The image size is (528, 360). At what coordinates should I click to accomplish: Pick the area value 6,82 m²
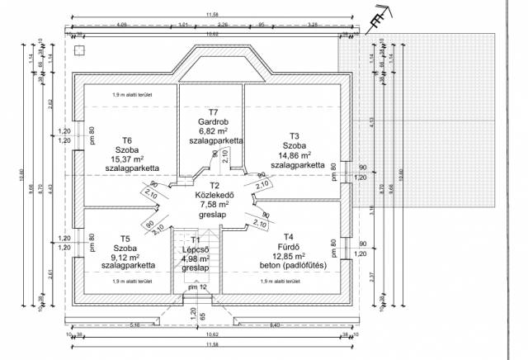pyautogui.click(x=213, y=131)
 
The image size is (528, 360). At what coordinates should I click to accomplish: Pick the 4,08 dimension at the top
pyautogui.click(x=123, y=25)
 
